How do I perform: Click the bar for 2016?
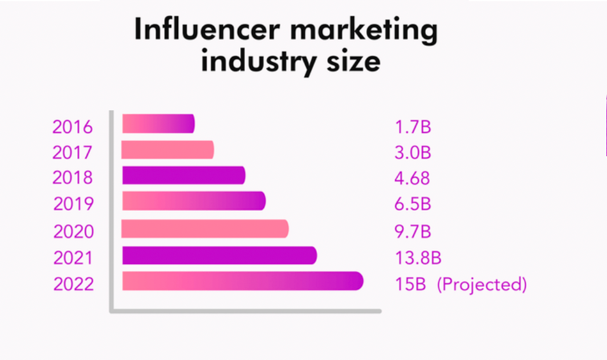coord(158,124)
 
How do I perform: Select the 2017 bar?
coord(168,150)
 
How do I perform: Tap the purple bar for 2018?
coord(183,175)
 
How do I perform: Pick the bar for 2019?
coord(194,201)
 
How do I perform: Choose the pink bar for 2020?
coord(205,229)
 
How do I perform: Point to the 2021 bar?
coord(219,255)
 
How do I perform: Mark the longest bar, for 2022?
coord(243,281)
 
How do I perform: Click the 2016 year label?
coord(73,127)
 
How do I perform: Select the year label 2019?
coord(73,204)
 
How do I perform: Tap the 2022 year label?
coord(73,285)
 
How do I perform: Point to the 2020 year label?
coord(73,232)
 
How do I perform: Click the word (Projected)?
coord(482,285)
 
